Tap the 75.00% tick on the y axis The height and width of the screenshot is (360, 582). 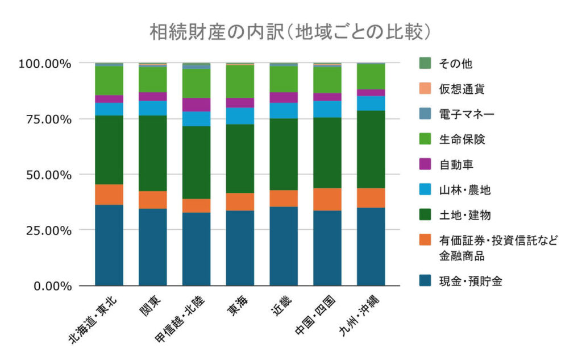coord(53,119)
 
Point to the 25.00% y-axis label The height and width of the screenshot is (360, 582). coord(53,230)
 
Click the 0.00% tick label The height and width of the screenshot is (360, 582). coord(57,285)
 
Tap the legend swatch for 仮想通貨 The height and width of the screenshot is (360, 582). coord(424,88)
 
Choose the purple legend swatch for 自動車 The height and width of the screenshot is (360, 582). coord(424,164)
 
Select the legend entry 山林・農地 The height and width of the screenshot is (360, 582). coord(464,190)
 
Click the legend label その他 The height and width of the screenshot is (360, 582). coord(455,63)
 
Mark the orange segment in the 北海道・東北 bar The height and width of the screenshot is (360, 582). coord(109,195)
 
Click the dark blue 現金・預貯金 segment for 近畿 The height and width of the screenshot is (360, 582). coord(284,246)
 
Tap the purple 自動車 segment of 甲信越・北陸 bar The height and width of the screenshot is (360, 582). coord(196,105)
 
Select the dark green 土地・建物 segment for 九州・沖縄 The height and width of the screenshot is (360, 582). coord(371,149)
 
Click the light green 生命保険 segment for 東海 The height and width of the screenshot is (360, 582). coord(240,81)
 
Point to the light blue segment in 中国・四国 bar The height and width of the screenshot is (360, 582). coord(327,109)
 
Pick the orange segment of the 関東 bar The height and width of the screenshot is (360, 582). coord(152,200)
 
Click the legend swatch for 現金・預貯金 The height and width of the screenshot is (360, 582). coord(424,280)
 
